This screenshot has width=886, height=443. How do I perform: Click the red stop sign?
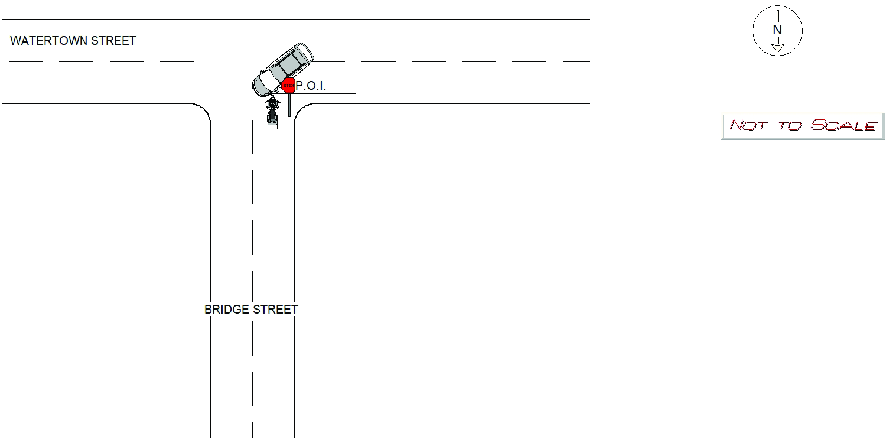click(288, 86)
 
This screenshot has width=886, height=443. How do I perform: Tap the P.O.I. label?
click(311, 86)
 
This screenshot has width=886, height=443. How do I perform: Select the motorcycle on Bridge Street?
click(272, 111)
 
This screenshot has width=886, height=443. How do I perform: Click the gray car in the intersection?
click(283, 70)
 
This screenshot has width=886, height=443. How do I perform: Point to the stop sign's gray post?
click(289, 105)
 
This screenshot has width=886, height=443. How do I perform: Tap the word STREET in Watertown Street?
click(113, 41)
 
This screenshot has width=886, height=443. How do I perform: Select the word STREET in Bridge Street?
click(275, 310)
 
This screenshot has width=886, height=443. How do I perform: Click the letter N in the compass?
click(777, 30)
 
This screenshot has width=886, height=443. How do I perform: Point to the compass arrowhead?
click(778, 48)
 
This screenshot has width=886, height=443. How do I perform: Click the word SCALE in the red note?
click(843, 125)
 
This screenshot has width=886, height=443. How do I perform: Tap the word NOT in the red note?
click(749, 125)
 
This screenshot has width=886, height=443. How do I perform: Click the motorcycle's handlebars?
click(272, 103)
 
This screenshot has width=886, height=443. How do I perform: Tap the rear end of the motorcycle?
click(272, 122)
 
